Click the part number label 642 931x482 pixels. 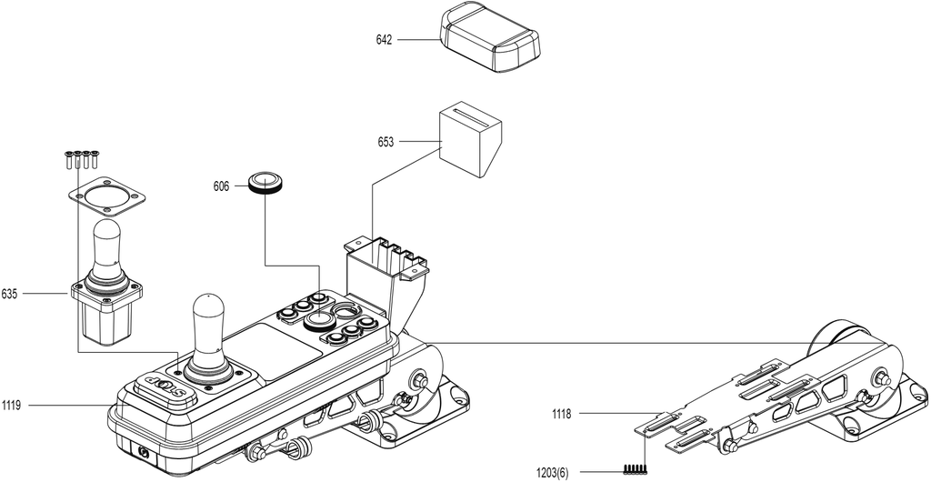tap(385, 40)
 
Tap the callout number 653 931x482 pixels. tap(385, 143)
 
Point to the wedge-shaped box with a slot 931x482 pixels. tap(470, 142)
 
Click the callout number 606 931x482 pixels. tap(222, 186)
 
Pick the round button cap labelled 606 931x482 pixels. tap(265, 182)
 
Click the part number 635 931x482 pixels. tap(9, 294)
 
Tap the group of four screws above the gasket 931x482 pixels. tap(82, 159)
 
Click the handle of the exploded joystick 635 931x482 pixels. tap(105, 246)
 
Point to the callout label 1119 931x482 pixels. tap(11, 406)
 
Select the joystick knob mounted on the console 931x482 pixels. tap(208, 326)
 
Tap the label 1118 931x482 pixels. tap(562, 415)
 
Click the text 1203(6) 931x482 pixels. tap(552, 473)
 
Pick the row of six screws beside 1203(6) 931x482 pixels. tap(636, 469)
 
